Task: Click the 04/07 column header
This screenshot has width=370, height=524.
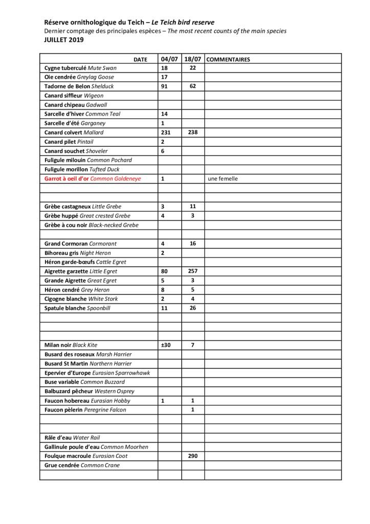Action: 169,59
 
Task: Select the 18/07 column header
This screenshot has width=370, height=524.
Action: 192,59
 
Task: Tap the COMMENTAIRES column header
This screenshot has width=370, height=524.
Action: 228,59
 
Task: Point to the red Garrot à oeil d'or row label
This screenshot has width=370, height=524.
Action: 93,179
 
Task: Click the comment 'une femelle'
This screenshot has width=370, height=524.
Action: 223,179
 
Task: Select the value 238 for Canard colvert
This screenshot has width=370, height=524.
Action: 192,132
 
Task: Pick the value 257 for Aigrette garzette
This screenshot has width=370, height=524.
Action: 192,271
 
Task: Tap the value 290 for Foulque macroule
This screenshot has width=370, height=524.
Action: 192,456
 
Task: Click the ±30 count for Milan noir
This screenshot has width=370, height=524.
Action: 166,345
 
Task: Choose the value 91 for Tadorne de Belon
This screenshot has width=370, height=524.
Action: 164,86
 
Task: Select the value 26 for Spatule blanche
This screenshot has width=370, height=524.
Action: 192,308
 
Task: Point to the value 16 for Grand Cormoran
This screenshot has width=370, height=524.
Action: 192,244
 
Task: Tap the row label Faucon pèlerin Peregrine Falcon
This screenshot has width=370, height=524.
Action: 85,410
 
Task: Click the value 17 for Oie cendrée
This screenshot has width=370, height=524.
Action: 164,77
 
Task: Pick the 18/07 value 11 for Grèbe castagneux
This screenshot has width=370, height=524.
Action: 192,206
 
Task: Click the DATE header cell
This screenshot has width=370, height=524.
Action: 140,59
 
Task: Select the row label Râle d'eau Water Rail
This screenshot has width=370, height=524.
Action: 72,438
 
